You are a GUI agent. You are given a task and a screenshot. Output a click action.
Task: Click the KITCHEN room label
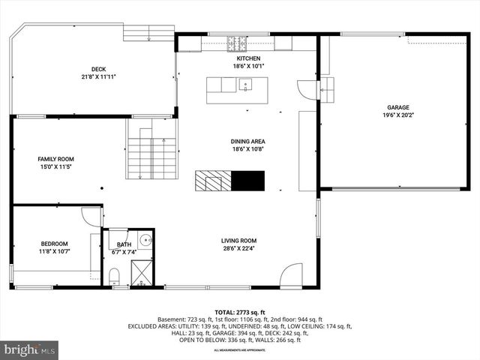pyautogui.click(x=248, y=58)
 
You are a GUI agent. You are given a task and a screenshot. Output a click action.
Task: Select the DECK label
pyautogui.click(x=99, y=69)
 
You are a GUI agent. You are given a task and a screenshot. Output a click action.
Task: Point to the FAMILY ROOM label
pyautogui.click(x=56, y=159)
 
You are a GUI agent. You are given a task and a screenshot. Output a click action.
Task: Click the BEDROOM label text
pyautogui.click(x=54, y=244)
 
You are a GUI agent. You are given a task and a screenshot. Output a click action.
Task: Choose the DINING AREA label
pyautogui.click(x=248, y=141)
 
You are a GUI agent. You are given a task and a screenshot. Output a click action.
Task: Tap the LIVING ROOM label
pyautogui.click(x=239, y=241)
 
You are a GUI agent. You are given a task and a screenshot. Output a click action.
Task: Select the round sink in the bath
pyautogui.click(x=145, y=241)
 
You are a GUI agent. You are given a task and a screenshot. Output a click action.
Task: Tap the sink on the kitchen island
pyautogui.click(x=244, y=87)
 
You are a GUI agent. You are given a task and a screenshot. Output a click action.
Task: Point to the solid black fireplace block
pyautogui.click(x=247, y=181)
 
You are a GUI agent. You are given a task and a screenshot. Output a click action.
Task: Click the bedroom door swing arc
pyautogui.click(x=91, y=217)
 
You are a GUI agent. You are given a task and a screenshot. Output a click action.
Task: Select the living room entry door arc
pyautogui.click(x=291, y=275)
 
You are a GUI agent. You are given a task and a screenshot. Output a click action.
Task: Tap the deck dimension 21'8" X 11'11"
pyautogui.click(x=99, y=76)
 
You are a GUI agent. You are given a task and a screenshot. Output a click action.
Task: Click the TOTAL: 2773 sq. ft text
pyautogui.click(x=240, y=312)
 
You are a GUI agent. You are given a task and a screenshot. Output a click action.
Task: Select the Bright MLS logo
pyautogui.click(x=30, y=349)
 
